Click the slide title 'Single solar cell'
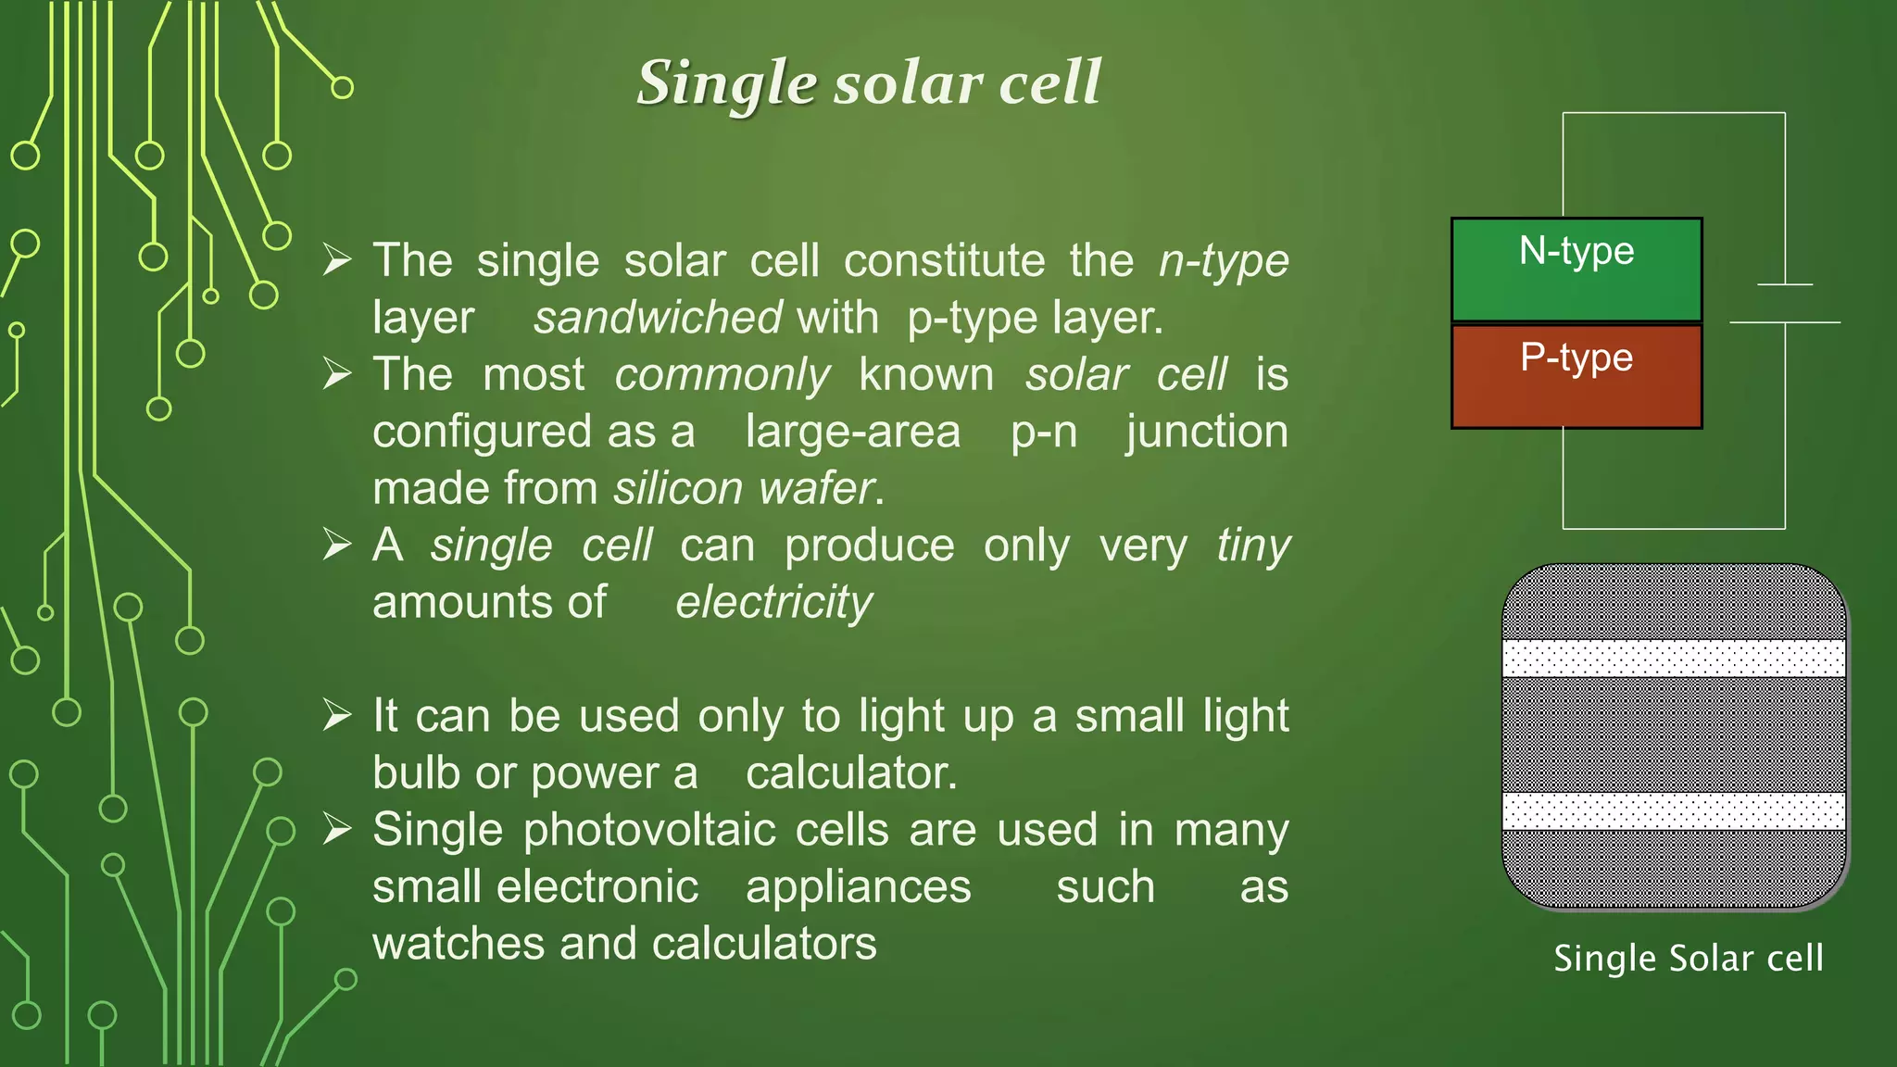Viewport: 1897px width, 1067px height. coord(869,83)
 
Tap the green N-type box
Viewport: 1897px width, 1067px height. coord(1577,270)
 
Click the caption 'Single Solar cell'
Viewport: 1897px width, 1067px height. coord(1688,959)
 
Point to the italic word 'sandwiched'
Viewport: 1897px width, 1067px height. coord(658,318)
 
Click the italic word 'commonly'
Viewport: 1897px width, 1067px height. coord(722,375)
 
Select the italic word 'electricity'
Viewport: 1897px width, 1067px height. coord(773,603)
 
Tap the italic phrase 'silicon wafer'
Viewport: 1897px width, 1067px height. coord(745,488)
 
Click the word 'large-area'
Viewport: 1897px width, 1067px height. coord(853,432)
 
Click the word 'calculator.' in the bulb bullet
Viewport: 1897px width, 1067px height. coord(851,773)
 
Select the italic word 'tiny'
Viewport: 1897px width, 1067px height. coord(1252,546)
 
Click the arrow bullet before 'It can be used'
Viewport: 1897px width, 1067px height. coord(337,716)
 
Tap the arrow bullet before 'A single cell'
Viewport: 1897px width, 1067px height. coord(337,546)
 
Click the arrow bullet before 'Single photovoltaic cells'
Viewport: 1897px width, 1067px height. coord(337,830)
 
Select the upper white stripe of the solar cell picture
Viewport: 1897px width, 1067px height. coord(1674,659)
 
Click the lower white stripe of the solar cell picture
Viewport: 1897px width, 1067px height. coord(1674,811)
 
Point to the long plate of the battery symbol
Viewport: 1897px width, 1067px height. coord(1784,322)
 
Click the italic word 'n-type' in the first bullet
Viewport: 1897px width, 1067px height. coord(1224,261)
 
